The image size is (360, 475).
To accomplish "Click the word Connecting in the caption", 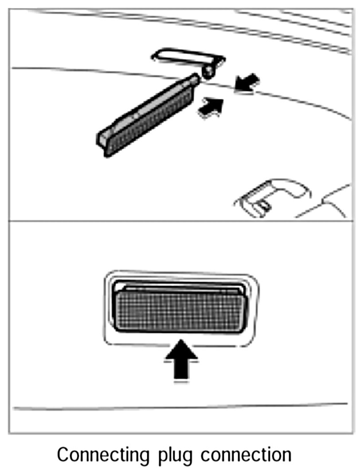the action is (98, 455).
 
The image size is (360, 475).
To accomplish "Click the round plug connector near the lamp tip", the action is (207, 72).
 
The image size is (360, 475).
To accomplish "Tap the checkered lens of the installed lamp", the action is (180, 311).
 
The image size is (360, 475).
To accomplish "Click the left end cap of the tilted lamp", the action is (102, 142).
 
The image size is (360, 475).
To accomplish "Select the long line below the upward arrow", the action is (177, 406).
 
